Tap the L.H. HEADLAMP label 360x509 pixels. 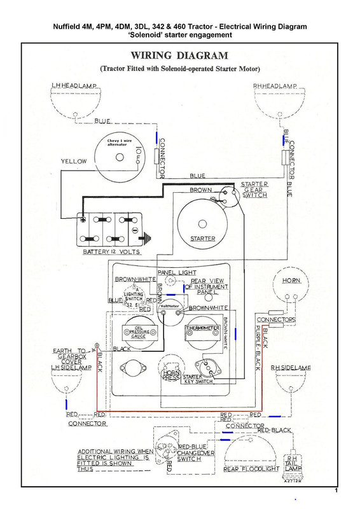pos(74,86)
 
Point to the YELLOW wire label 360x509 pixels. pos(73,162)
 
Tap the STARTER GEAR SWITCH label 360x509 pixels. pos(254,190)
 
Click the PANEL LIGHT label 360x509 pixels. pos(177,272)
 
